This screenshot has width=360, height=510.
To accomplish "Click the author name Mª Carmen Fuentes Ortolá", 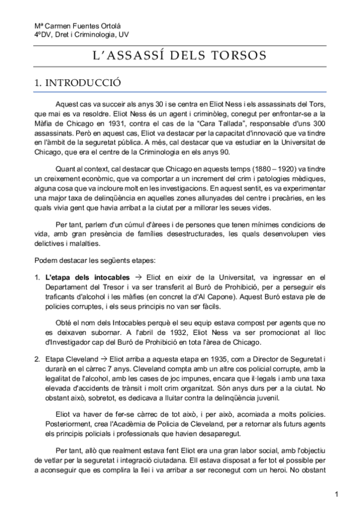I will tap(70, 26).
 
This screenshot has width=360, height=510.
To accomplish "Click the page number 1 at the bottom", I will tap(338, 494).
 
